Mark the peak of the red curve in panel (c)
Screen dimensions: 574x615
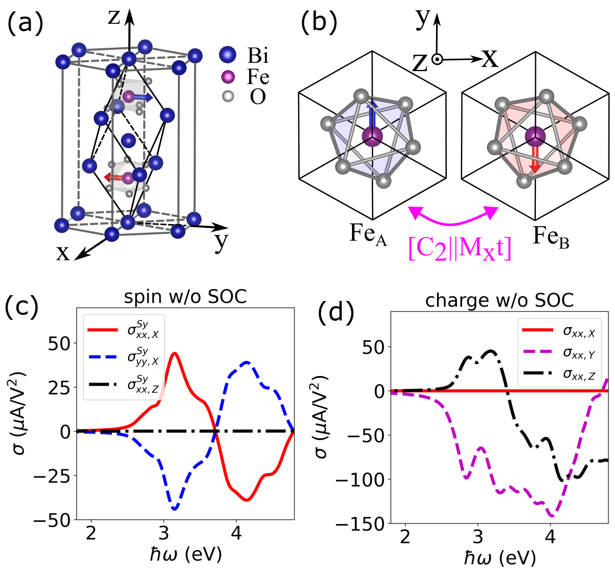click(174, 353)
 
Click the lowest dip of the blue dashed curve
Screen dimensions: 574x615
click(174, 509)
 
